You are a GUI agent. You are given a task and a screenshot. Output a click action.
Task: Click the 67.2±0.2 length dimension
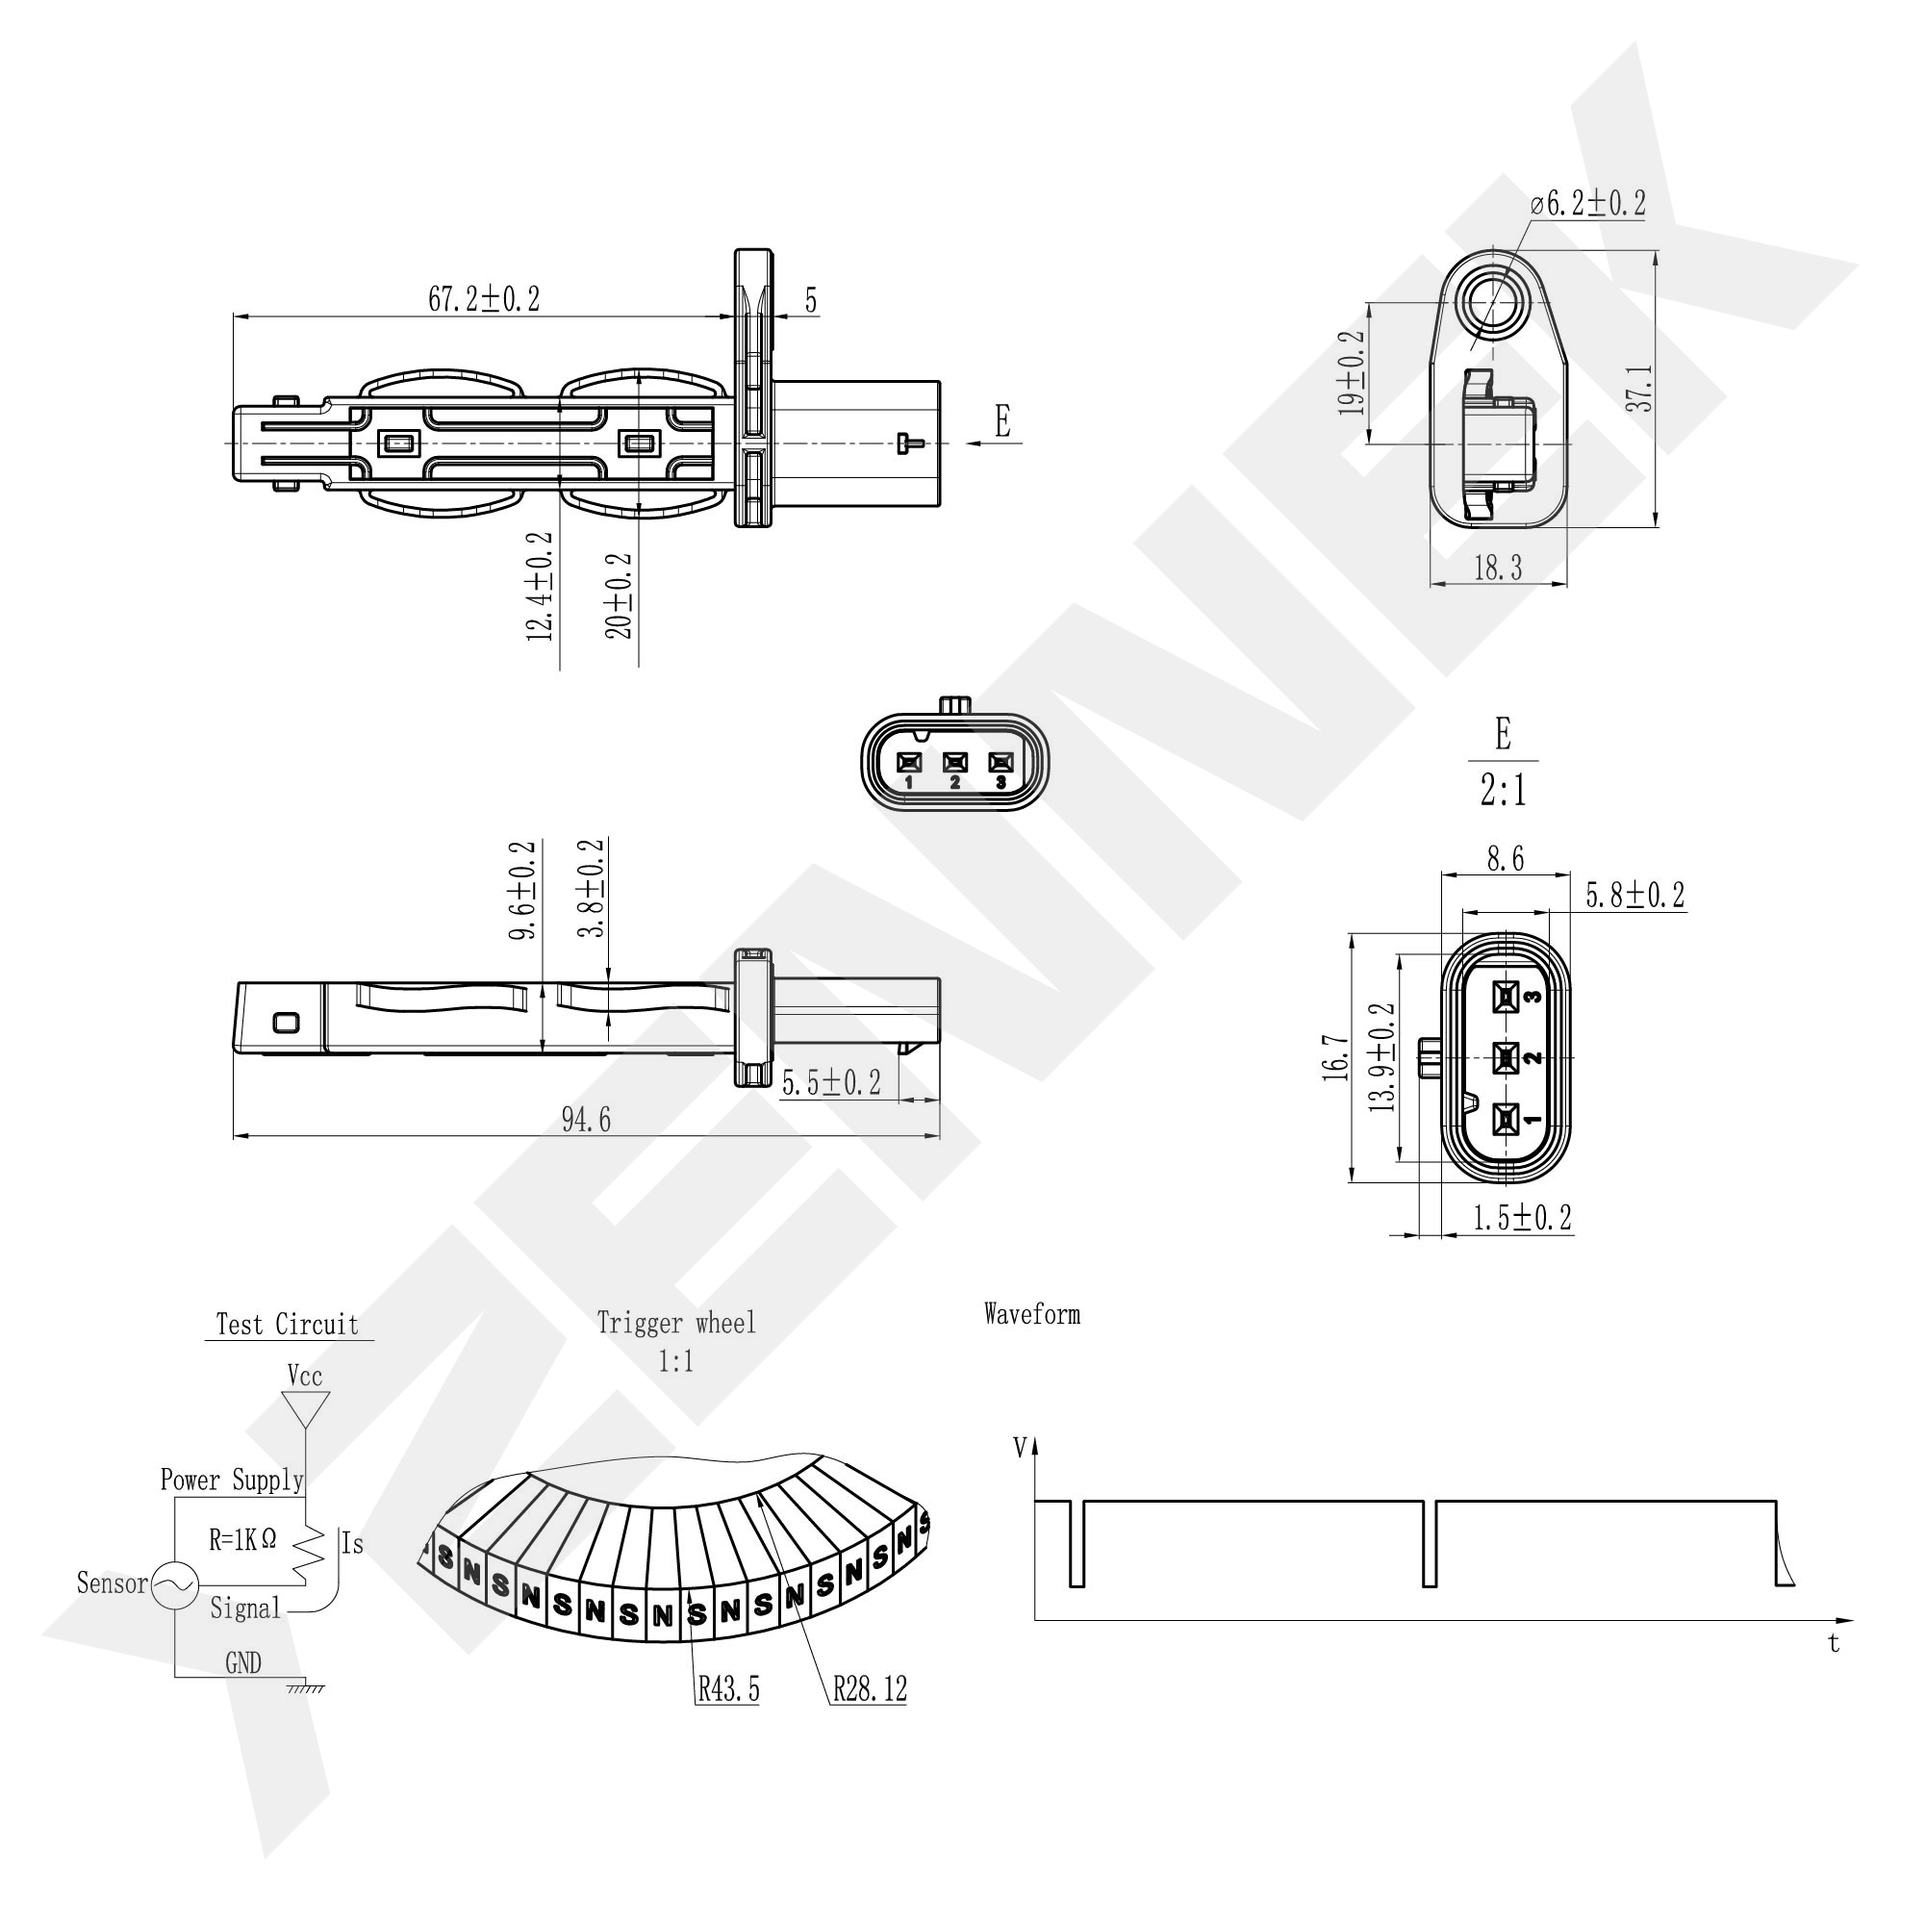(x=484, y=299)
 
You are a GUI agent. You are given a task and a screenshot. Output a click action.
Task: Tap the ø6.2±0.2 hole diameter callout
(x=1588, y=204)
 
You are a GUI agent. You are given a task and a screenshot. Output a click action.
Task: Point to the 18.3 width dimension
(x=1498, y=568)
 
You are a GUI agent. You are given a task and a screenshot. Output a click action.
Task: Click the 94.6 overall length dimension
(x=586, y=1120)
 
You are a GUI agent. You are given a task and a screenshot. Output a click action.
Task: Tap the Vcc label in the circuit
(x=305, y=1376)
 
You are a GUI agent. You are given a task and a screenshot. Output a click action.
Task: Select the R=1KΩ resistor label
(x=242, y=1540)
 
